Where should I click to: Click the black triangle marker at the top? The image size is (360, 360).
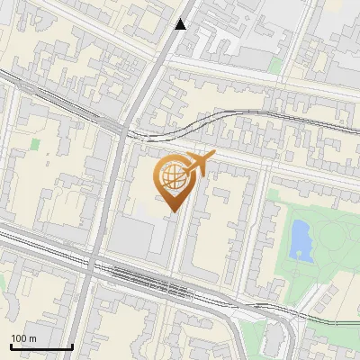181,24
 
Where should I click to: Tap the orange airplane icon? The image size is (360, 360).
197,164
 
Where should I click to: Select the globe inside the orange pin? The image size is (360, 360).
172,177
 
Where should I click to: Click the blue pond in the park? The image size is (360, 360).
301,238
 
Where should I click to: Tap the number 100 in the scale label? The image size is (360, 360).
19,338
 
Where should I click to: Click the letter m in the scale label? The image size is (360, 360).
33,338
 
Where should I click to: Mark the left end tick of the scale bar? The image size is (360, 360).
11,346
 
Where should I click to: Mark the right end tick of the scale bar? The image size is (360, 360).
72,346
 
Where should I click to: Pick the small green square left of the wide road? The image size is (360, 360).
35,143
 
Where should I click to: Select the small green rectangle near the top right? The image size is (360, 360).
275,65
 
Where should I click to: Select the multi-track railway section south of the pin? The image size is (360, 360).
162,281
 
